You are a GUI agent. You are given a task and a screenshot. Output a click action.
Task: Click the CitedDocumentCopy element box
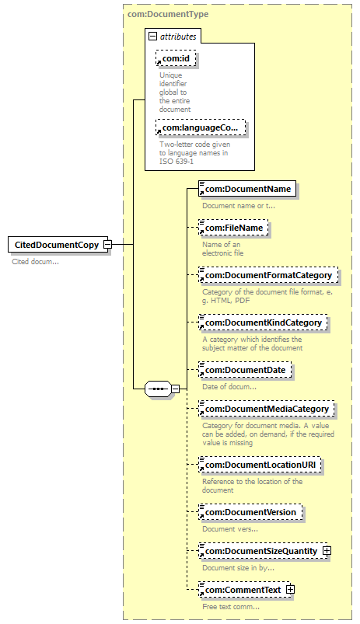tap(58, 244)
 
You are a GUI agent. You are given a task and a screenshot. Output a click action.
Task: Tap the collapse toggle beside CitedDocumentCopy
tap(107, 244)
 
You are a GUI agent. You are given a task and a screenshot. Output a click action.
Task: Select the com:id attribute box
tap(176, 59)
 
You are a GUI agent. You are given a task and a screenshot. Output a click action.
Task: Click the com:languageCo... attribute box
tap(201, 127)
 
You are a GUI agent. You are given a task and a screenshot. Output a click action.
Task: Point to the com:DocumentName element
tap(247, 189)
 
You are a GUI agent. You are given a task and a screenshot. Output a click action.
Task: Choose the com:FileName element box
tap(233, 228)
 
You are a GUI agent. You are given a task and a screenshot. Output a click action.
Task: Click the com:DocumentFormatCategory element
tap(268, 275)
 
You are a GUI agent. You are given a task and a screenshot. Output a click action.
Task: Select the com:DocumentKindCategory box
tap(263, 322)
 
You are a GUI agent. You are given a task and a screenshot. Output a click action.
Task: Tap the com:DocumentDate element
tap(245, 370)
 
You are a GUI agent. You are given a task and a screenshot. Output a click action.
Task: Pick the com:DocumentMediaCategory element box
tap(267, 409)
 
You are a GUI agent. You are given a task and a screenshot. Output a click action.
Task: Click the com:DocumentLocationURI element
tap(260, 465)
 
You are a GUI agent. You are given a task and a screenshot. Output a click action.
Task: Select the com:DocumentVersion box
tap(250, 512)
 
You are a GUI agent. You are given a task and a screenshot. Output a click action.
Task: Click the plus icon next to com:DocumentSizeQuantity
tap(327, 551)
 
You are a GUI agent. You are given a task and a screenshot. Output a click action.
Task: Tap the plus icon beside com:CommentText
tap(290, 590)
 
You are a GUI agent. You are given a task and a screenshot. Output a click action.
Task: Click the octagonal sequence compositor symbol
tap(158, 389)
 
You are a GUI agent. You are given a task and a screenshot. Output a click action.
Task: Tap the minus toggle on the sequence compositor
tap(175, 389)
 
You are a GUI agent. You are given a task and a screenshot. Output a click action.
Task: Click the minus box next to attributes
tap(152, 37)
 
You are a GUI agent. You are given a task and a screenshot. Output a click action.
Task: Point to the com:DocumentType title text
tap(168, 14)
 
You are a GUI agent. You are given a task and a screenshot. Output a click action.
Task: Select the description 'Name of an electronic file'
tap(222, 249)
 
